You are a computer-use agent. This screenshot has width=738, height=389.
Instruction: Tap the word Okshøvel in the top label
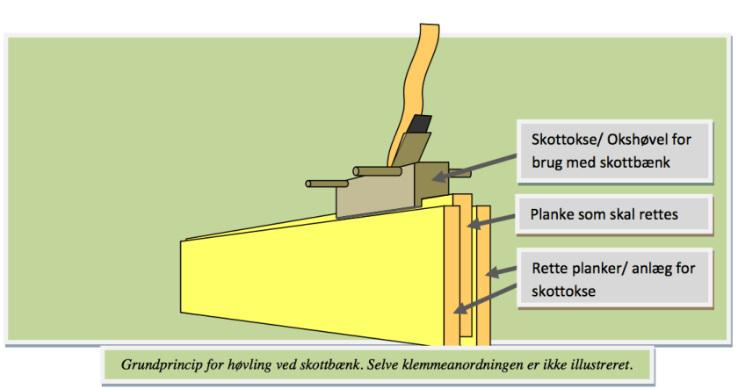(638, 140)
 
